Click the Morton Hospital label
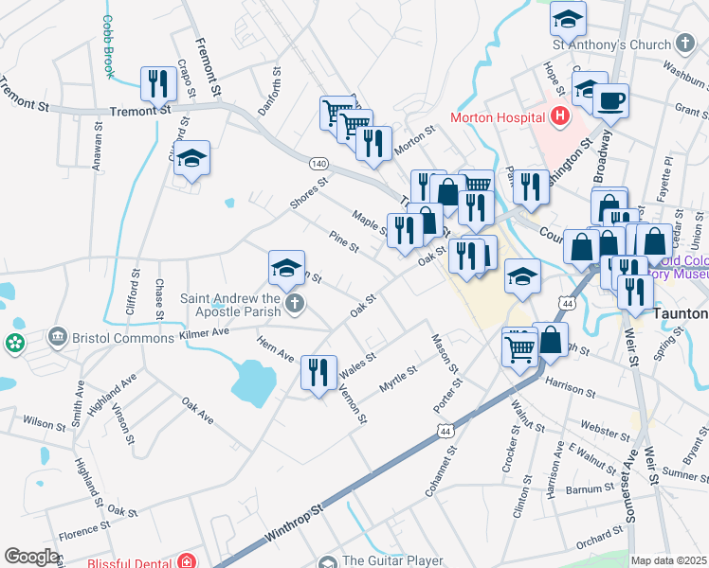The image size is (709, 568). (497, 117)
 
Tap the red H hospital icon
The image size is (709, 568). (559, 117)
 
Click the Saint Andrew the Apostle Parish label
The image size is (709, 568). (231, 304)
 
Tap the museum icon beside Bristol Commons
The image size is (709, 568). (57, 338)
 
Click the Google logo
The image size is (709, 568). (31, 557)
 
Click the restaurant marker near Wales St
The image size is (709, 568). (318, 370)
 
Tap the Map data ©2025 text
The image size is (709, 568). (668, 560)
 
